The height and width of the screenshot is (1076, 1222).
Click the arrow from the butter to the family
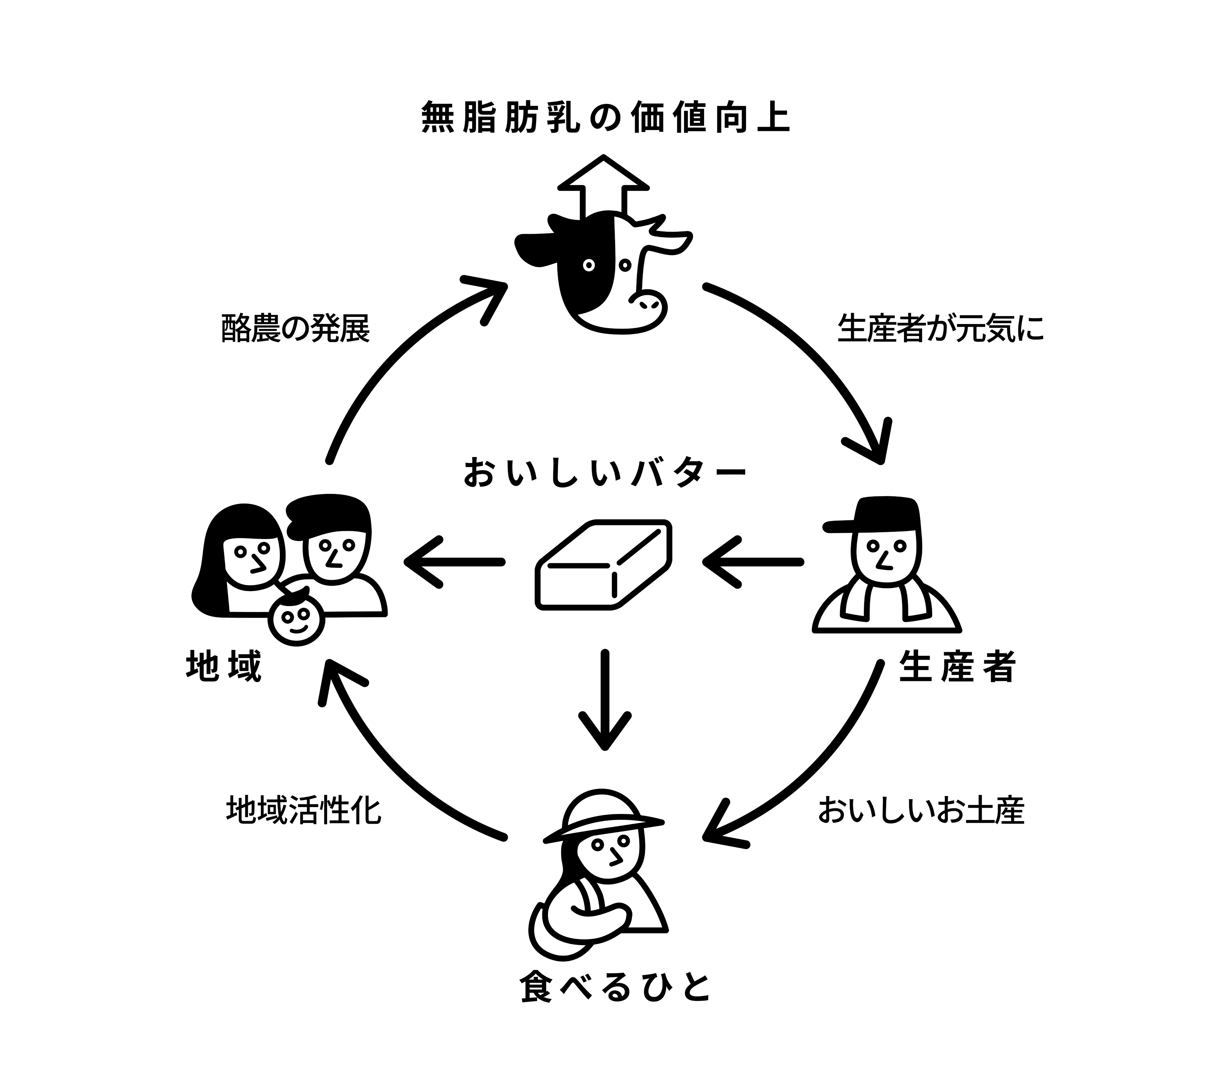[454, 562]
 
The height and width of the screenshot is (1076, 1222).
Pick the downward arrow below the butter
[605, 699]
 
